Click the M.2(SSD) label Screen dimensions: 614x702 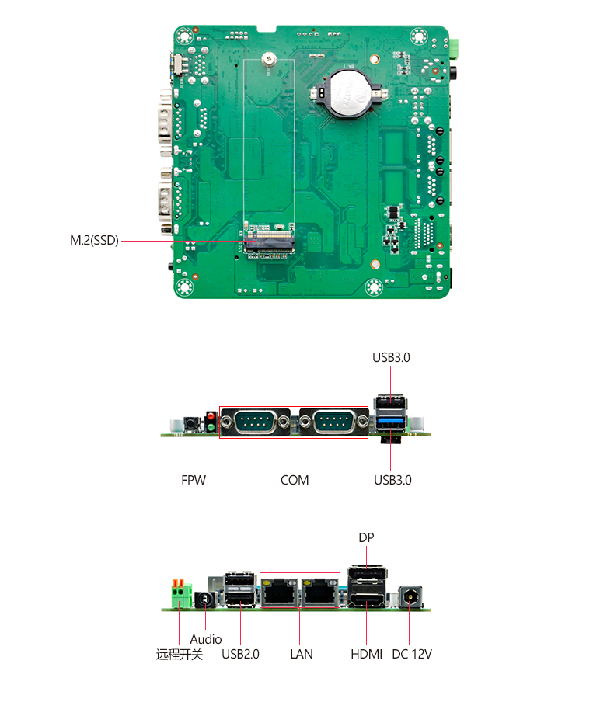coord(94,241)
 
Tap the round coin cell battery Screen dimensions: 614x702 coord(351,95)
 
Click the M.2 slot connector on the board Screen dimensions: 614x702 coord(270,242)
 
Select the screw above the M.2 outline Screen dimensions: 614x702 coord(268,59)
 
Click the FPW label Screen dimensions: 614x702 coord(194,480)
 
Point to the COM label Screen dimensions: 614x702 coord(295,480)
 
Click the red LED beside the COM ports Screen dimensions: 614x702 coord(211,417)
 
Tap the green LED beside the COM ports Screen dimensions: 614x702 coord(211,427)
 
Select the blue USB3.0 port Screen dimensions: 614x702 coord(391,422)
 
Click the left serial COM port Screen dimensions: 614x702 coord(255,422)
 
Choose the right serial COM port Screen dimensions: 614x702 coord(334,422)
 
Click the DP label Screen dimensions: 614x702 coord(366,537)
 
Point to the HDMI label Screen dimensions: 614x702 coord(366,654)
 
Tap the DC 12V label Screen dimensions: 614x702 coord(412,654)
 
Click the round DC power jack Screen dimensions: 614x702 coord(410,597)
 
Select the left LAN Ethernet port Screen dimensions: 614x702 coord(281,593)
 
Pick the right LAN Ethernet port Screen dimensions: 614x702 coord(320,593)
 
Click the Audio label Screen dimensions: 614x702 coord(206,639)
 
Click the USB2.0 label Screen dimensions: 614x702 coord(240,654)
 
